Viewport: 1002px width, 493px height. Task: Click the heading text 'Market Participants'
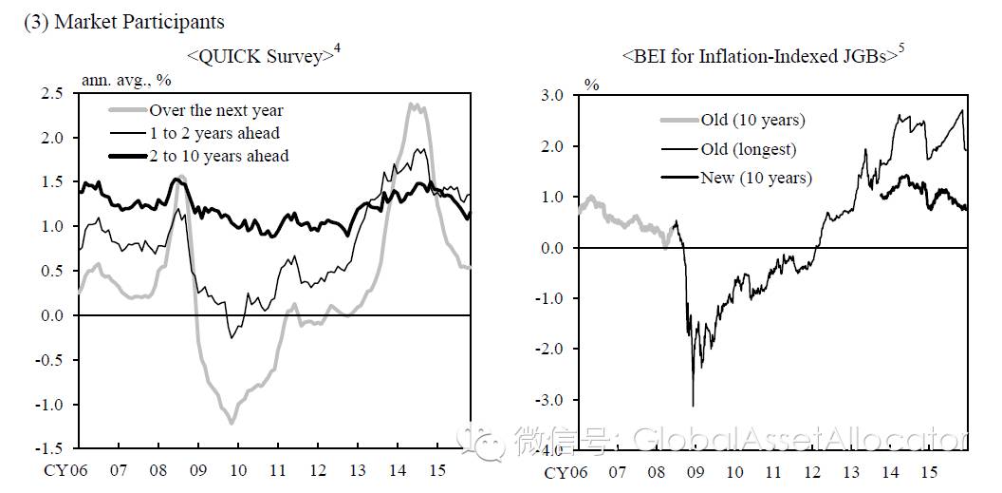[139, 21]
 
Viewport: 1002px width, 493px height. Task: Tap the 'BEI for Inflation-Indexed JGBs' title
[759, 57]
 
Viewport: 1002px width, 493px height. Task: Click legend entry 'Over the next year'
[216, 111]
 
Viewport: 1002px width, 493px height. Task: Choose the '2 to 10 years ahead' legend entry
[218, 156]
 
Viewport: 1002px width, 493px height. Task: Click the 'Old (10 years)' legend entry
[752, 120]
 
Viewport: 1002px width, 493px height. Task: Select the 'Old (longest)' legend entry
[748, 148]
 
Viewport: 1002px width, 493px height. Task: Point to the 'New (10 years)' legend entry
[755, 178]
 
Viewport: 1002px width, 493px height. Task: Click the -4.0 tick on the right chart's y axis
[552, 451]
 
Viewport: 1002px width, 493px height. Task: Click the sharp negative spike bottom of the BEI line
[693, 406]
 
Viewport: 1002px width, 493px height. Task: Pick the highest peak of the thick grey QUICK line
[414, 104]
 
